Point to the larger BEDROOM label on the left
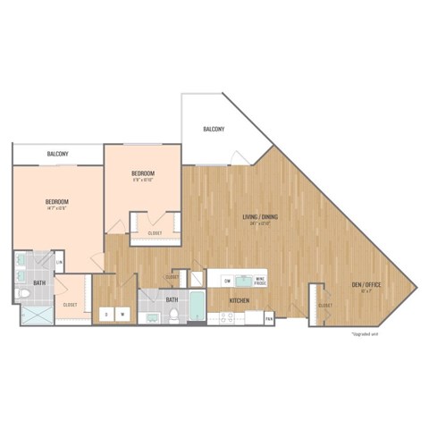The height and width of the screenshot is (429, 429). point(57,202)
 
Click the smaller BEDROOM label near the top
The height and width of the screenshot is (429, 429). point(144,172)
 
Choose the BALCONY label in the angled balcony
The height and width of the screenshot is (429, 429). point(213,130)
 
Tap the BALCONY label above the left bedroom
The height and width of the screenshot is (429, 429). point(58,154)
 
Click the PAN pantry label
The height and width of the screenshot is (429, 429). point(268,317)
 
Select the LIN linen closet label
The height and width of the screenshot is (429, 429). point(58,262)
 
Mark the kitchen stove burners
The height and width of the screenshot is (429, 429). point(219,317)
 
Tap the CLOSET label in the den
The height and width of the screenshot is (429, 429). point(324,306)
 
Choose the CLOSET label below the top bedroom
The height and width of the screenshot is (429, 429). point(143,234)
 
